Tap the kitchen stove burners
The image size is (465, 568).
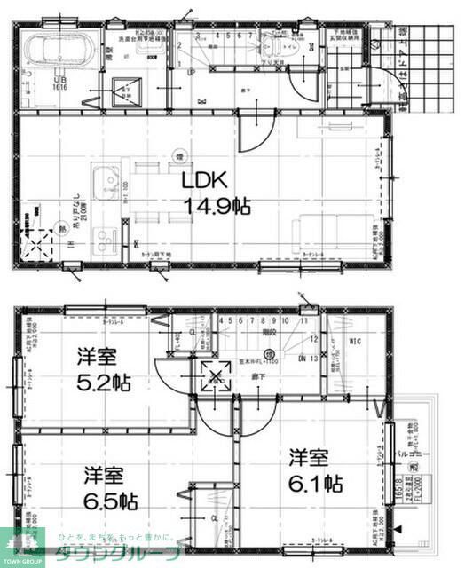tap(105, 239)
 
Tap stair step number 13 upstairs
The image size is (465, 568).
tap(314, 357)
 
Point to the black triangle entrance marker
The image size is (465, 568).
tap(398, 530)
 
